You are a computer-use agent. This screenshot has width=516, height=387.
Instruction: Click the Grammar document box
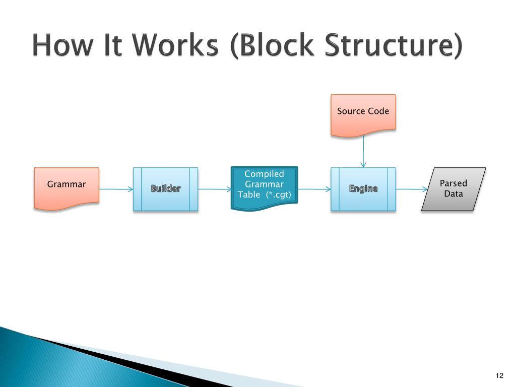tap(67, 187)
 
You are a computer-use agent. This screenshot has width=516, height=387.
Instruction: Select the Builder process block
tap(165, 189)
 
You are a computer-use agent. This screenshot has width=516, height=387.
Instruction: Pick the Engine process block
tap(363, 189)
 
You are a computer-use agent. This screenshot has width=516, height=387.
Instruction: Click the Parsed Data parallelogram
tap(454, 188)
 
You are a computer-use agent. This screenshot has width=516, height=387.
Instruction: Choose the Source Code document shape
tap(363, 114)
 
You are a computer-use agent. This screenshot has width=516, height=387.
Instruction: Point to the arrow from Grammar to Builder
tap(116, 189)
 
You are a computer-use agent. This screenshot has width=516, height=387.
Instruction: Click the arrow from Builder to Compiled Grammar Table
tap(214, 189)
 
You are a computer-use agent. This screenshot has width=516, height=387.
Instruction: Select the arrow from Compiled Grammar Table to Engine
tap(314, 189)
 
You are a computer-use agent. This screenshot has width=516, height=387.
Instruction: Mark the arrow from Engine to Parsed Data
tap(411, 189)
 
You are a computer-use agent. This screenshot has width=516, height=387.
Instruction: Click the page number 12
tap(499, 375)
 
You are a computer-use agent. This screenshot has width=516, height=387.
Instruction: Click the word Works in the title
tap(179, 46)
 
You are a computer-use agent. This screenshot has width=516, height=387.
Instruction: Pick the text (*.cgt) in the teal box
tap(279, 195)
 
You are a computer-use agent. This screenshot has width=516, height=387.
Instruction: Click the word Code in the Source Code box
tap(378, 111)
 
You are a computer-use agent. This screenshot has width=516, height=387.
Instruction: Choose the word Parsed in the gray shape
tap(454, 183)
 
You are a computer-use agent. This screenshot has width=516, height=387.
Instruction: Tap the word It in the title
tap(115, 46)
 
